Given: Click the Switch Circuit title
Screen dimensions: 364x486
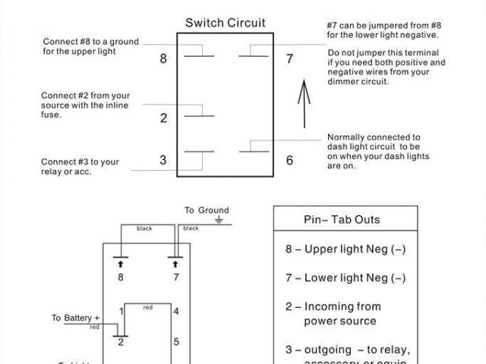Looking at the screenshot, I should (226, 23).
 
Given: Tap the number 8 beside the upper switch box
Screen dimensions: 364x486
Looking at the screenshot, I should (163, 58).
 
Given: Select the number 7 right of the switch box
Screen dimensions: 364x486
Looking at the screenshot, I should (289, 58).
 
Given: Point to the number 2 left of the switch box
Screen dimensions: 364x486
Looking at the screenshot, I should (163, 118).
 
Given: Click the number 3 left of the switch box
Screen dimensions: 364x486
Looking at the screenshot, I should (163, 160).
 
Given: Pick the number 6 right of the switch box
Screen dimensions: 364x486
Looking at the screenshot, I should (289, 160).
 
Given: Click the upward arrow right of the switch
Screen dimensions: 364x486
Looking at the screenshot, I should (303, 107).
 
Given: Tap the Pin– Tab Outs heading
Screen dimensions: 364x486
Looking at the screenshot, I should (342, 220).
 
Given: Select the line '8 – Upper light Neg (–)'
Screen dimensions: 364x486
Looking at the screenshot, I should (345, 249).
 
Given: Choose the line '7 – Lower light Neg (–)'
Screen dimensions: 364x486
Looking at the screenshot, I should (345, 278).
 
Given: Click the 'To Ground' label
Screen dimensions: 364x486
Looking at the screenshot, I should (206, 210).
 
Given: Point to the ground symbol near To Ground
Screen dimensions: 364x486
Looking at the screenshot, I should (219, 221).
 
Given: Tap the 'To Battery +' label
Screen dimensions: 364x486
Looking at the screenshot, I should (76, 318).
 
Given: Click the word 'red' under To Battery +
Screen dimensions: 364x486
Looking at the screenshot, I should (95, 327).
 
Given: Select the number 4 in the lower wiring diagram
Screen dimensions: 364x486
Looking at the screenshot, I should (175, 311).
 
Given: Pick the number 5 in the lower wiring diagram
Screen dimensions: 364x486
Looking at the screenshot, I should (175, 341).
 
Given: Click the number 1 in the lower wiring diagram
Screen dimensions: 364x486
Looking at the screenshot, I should (121, 311).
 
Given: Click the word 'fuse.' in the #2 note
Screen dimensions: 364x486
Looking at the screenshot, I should (50, 115).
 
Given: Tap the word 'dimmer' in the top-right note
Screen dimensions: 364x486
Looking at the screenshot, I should (342, 82).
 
